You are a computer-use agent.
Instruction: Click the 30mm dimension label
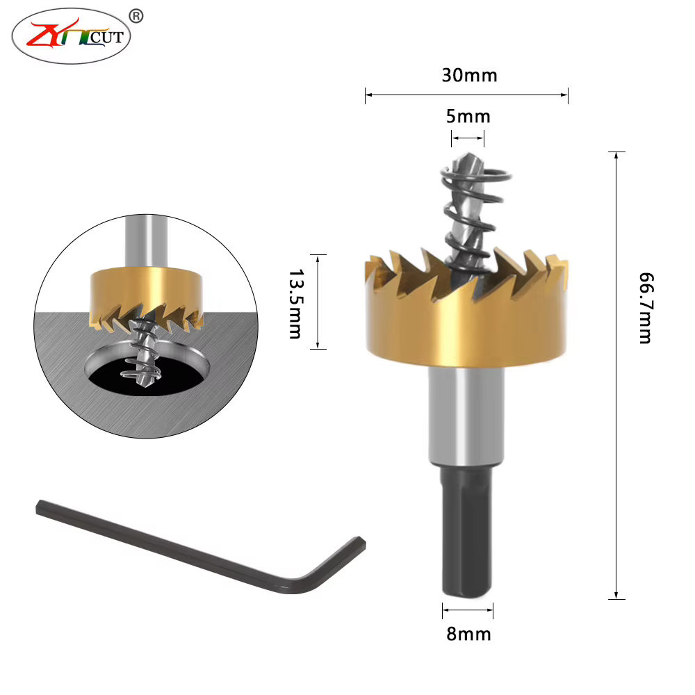click(x=469, y=75)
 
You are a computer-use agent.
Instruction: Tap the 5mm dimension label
click(x=468, y=117)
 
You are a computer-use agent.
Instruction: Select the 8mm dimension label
click(x=468, y=635)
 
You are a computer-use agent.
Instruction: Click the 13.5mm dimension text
click(x=295, y=304)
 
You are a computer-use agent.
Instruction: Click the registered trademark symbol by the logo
click(x=136, y=17)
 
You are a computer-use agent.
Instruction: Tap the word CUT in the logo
click(x=106, y=38)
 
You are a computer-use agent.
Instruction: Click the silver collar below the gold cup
click(x=466, y=416)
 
